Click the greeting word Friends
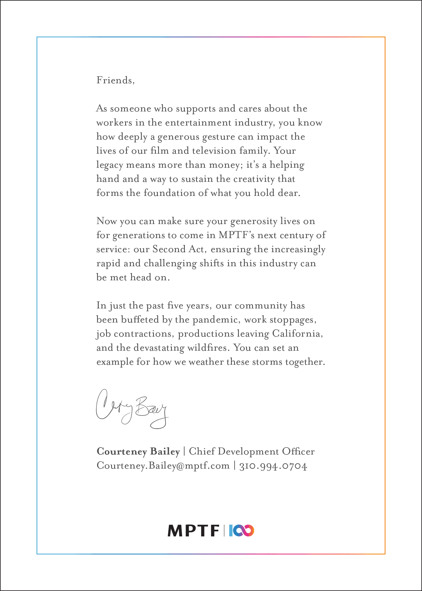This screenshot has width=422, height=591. pos(115,80)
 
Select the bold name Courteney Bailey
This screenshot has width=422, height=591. pos(138,451)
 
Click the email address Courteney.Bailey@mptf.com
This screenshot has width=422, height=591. pos(163,465)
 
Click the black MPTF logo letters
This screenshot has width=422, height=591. pos(193,531)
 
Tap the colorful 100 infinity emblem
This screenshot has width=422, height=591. pos(241,531)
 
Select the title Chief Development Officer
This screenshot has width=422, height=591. pos(252,451)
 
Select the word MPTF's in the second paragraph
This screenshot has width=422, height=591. pos(236,235)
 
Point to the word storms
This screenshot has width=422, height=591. pos(267,362)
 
